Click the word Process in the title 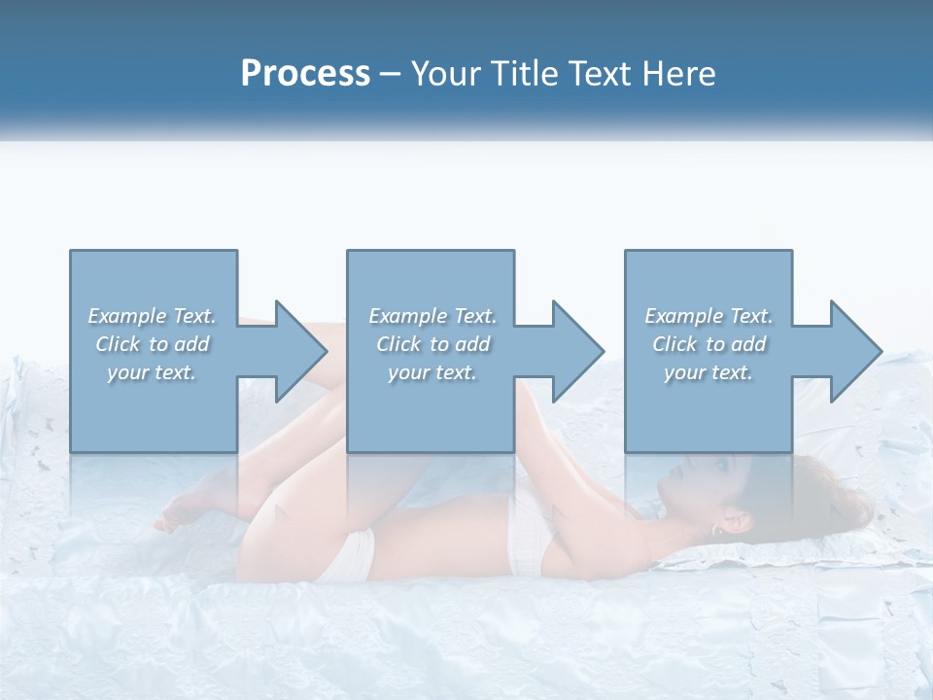tap(305, 74)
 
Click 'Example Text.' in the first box tap(152, 316)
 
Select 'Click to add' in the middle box tap(432, 344)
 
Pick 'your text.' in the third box tap(708, 372)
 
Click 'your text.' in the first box tap(152, 372)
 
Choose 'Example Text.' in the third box tap(708, 316)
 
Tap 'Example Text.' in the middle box tap(432, 316)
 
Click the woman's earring tap(717, 531)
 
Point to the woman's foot tap(185, 510)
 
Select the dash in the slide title tap(391, 74)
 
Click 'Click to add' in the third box tap(708, 344)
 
